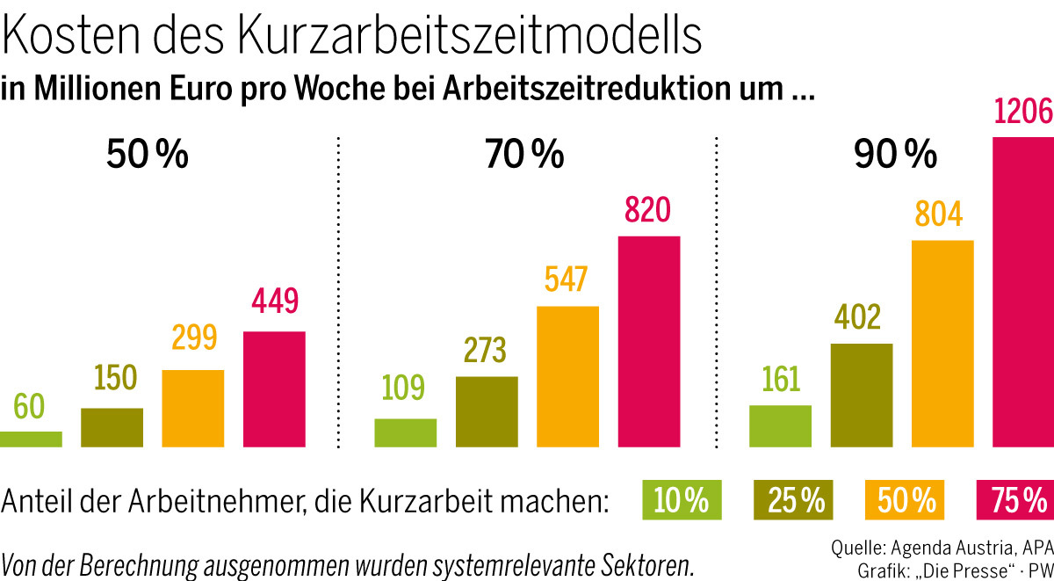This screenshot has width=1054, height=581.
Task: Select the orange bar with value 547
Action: point(567,377)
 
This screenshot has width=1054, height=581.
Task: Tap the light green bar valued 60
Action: point(31,439)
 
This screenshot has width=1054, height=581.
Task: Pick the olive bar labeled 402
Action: point(861,396)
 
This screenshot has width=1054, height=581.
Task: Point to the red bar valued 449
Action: point(274,389)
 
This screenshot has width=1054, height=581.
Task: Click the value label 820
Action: point(647,210)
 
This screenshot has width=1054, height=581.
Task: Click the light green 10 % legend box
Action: point(682,500)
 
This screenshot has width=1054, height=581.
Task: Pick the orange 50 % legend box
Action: point(906,500)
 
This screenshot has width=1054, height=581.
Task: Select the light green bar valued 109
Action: point(405,433)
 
